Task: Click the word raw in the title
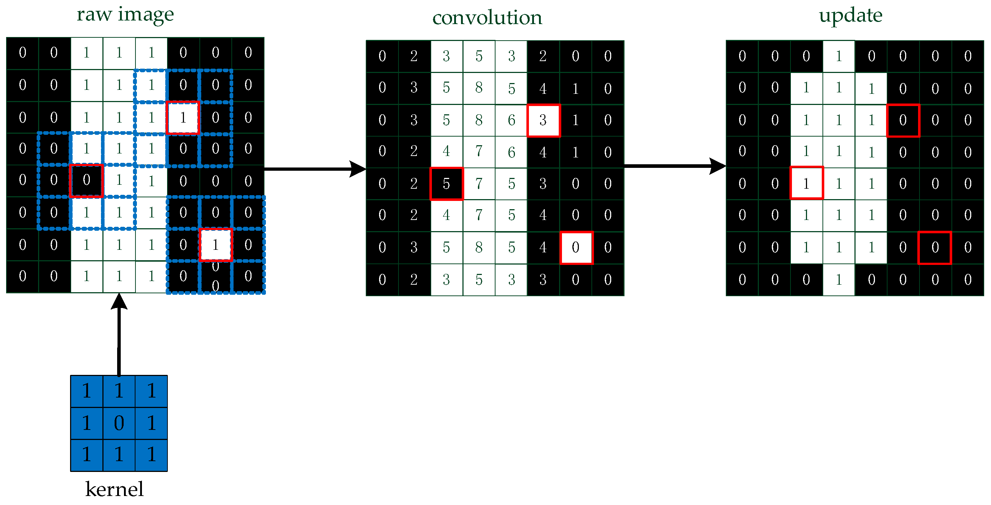[x=94, y=15]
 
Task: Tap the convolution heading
[x=487, y=18]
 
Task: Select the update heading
[x=850, y=16]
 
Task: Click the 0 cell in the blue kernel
[x=119, y=423]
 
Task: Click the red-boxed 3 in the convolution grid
[x=543, y=120]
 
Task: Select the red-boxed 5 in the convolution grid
[x=446, y=184]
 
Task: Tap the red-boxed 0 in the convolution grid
[x=576, y=248]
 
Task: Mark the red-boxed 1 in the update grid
[x=806, y=183]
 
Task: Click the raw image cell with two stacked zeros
[x=216, y=276]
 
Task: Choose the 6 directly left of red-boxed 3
[x=511, y=120]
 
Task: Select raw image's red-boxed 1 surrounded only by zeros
[x=216, y=245]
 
